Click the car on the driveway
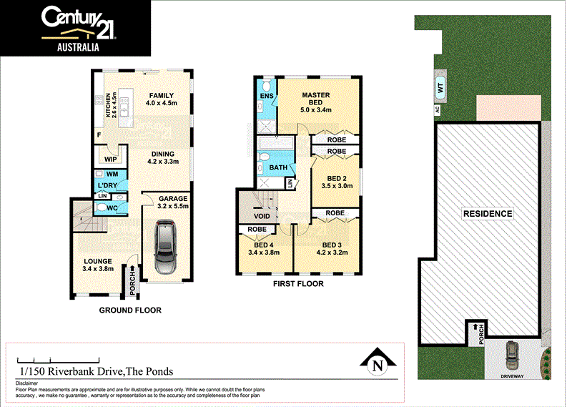(x=513, y=353)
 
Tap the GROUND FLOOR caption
(x=129, y=310)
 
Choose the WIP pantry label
(x=110, y=159)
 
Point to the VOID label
(x=262, y=215)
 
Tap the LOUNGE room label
(x=98, y=260)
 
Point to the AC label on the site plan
(x=435, y=109)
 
